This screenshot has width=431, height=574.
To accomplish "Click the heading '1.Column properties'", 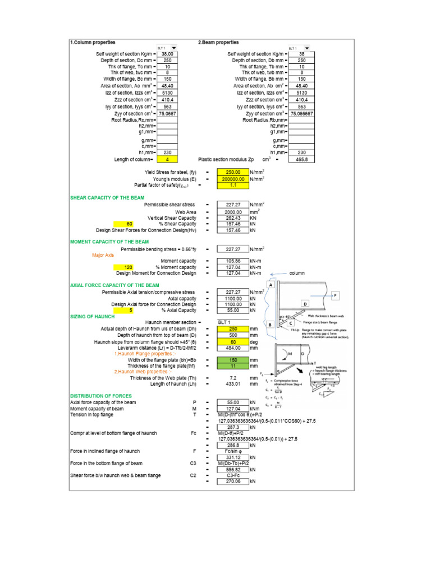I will [93, 42].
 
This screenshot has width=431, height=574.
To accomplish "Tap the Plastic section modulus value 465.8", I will [301, 159].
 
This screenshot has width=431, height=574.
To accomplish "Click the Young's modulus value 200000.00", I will [232, 179].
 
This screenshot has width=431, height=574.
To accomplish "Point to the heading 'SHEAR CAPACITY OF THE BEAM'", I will [107, 198].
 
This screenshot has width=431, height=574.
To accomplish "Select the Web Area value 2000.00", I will [232, 212].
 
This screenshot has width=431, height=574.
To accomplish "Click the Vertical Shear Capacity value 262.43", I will [232, 218].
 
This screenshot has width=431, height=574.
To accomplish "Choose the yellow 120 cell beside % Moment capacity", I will [129, 267].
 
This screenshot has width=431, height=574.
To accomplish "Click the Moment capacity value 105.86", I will [232, 261].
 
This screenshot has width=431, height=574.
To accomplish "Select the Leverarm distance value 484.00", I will [232, 347].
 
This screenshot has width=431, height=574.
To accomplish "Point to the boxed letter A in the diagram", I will [270, 285].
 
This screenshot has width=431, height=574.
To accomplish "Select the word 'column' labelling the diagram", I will [297, 273].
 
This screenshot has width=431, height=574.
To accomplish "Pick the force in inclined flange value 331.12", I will [232, 457].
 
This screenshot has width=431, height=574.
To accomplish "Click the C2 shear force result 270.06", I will [232, 481].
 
